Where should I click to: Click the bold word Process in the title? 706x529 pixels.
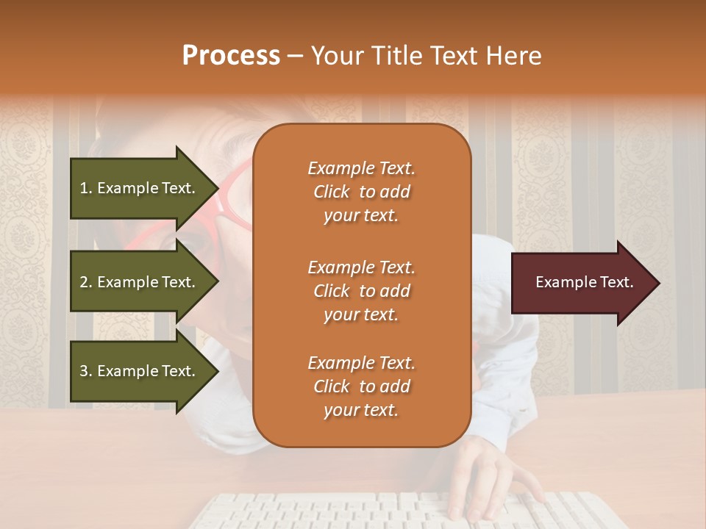click(x=231, y=56)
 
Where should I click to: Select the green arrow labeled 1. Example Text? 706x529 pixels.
click(x=140, y=188)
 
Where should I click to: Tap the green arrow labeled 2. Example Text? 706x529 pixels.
click(x=140, y=282)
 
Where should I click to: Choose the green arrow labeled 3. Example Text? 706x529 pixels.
click(x=140, y=371)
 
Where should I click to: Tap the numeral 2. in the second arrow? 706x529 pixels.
click(x=86, y=282)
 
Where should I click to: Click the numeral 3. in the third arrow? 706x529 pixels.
click(x=86, y=371)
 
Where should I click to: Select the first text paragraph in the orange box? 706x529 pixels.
click(x=361, y=192)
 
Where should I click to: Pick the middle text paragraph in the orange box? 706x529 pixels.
click(x=361, y=291)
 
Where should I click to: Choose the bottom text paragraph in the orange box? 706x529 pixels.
click(x=361, y=386)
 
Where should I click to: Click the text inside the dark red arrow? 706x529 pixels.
click(x=584, y=282)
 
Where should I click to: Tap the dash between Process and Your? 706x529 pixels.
click(x=295, y=56)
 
